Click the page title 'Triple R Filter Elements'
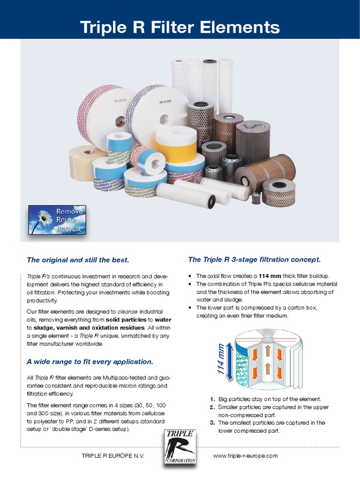[180, 27]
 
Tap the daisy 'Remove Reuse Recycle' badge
[57, 219]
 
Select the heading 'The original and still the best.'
[78, 260]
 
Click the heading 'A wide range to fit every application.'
[90, 361]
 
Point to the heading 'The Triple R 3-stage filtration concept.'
[255, 259]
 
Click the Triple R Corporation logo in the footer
[180, 448]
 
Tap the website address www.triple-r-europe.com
[245, 456]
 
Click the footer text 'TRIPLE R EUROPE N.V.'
[113, 456]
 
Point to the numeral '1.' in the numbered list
[213, 399]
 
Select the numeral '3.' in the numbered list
[212, 422]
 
